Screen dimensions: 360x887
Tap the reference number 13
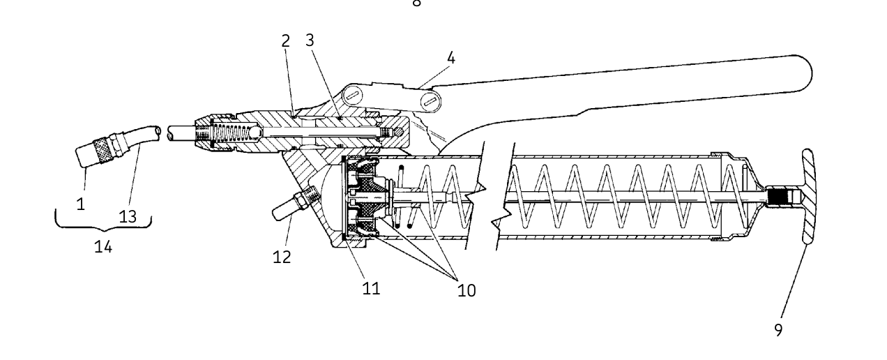click(x=128, y=216)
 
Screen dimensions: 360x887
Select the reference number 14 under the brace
click(x=103, y=247)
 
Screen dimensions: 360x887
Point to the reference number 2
click(x=286, y=40)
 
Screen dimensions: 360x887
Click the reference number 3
click(x=310, y=40)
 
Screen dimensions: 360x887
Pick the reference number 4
click(x=450, y=59)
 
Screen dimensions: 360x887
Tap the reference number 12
click(x=282, y=256)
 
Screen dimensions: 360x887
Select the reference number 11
click(x=371, y=287)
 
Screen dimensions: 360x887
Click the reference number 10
click(x=466, y=290)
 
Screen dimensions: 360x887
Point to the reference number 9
click(x=778, y=330)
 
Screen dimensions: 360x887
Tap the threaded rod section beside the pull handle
click(x=778, y=197)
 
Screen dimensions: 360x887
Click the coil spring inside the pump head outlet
click(x=231, y=133)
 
